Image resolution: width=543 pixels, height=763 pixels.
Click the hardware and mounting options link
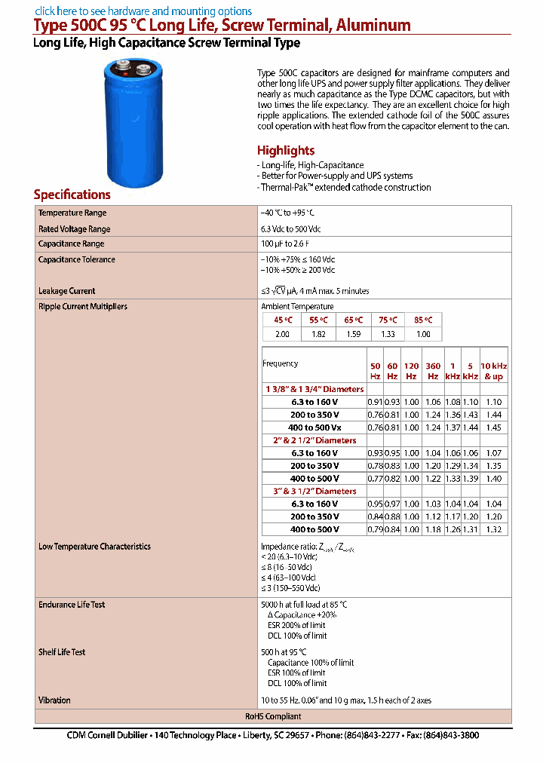click(x=143, y=11)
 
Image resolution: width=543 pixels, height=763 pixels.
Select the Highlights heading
click(x=286, y=150)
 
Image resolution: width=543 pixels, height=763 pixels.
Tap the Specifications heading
click(x=72, y=195)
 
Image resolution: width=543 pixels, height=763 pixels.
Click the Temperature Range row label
click(x=72, y=213)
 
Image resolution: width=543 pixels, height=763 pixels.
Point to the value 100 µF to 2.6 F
click(x=288, y=244)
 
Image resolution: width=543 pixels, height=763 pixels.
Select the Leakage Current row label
click(x=67, y=291)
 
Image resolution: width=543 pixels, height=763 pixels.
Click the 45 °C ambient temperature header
click(x=281, y=320)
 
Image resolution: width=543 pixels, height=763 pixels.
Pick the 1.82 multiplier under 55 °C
click(x=319, y=334)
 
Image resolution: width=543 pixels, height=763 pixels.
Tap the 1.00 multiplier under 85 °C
click(x=424, y=334)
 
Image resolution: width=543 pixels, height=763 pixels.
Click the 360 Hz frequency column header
click(x=433, y=371)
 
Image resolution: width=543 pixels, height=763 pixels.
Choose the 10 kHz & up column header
click(x=493, y=371)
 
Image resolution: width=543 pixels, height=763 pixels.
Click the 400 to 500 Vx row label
click(x=315, y=427)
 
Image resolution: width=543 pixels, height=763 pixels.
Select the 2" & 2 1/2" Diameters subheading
click(x=314, y=440)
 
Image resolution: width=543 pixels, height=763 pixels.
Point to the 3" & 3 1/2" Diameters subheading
click(x=314, y=492)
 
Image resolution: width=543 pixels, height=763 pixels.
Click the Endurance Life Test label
click(x=72, y=605)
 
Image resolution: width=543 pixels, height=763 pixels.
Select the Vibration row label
click(x=54, y=700)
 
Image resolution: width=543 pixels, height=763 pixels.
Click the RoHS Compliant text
click(x=273, y=717)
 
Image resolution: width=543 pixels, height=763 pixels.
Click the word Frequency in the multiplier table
click(x=281, y=363)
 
